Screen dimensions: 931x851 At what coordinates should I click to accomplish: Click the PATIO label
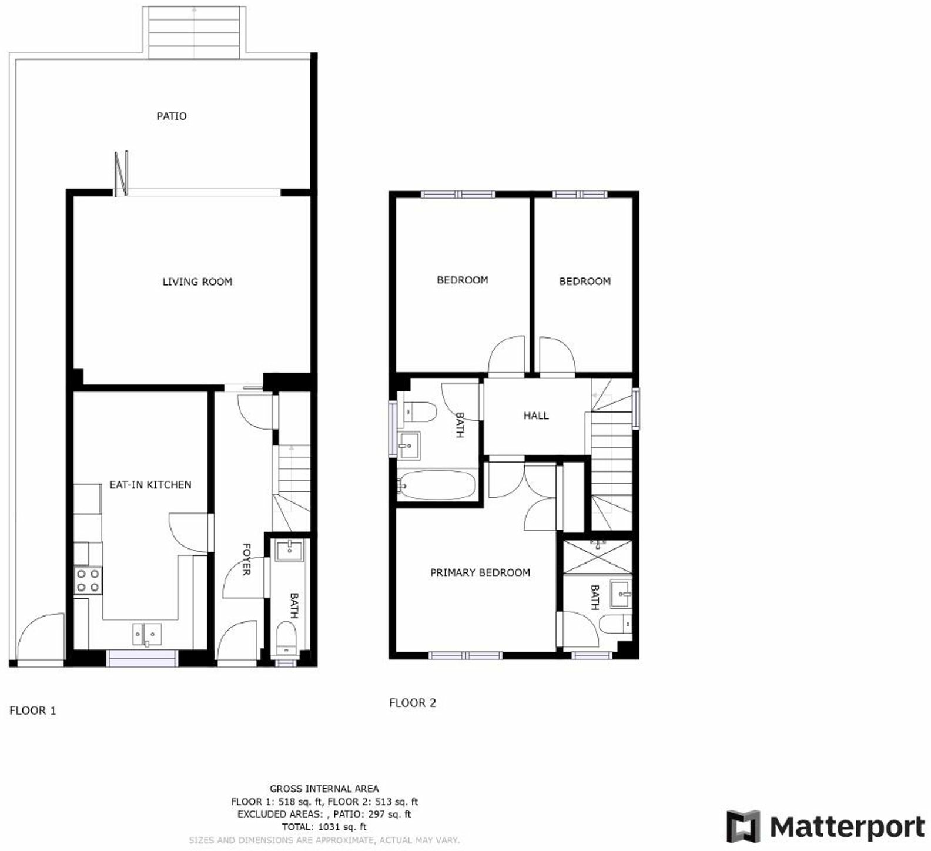[172, 116]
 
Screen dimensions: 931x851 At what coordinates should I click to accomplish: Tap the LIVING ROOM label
[197, 282]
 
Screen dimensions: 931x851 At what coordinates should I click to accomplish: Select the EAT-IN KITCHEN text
[150, 485]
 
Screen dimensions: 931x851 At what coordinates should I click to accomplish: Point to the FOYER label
[246, 559]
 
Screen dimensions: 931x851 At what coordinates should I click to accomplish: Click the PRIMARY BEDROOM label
[480, 572]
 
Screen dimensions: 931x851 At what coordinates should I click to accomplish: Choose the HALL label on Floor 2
[536, 416]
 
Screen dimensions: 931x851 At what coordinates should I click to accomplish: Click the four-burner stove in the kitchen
[88, 580]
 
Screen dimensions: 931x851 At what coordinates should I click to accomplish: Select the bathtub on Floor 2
[437, 485]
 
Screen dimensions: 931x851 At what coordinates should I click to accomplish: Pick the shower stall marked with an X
[597, 556]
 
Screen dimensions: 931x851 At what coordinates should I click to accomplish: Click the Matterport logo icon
[744, 826]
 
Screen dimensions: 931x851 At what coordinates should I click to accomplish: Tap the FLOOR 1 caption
[33, 711]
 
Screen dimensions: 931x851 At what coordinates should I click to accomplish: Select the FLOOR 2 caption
[413, 703]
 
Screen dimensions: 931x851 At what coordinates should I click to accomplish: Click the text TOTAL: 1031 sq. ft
[324, 827]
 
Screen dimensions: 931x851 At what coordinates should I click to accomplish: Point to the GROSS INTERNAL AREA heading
[324, 789]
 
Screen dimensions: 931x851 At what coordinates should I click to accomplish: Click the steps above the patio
[195, 33]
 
